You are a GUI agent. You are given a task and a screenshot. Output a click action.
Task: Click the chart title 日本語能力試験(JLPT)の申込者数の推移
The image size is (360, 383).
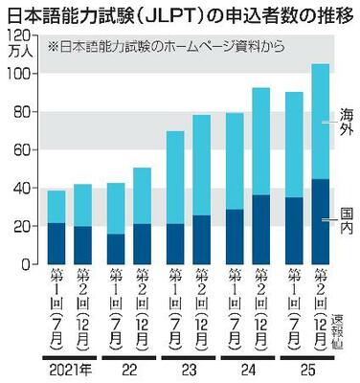tap(179, 14)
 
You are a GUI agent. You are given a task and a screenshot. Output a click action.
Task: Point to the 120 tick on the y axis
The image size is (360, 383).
tap(17, 35)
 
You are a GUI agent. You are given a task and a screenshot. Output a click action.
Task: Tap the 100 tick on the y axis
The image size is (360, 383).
tap(17, 74)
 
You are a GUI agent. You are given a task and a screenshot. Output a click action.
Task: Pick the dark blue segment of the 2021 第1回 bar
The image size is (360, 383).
tap(56, 243)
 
